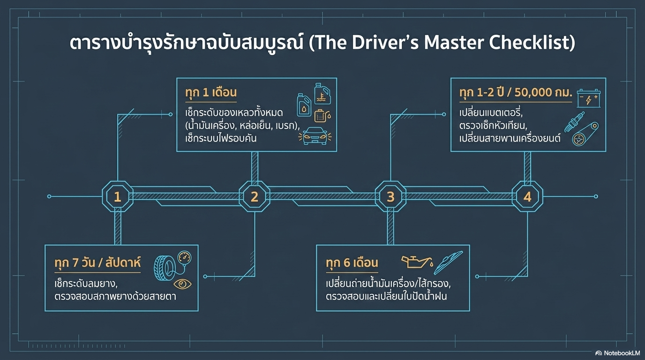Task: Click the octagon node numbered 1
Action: [117, 197]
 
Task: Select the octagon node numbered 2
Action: [255, 197]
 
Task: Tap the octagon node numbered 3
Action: [390, 197]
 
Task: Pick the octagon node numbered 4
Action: [527, 197]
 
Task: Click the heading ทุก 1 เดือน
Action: [211, 92]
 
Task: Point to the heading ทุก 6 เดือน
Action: [352, 262]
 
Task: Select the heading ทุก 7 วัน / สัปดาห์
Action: [97, 262]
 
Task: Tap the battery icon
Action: [588, 99]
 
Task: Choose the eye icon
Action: [182, 284]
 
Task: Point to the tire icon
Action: [162, 269]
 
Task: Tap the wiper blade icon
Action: [448, 262]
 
